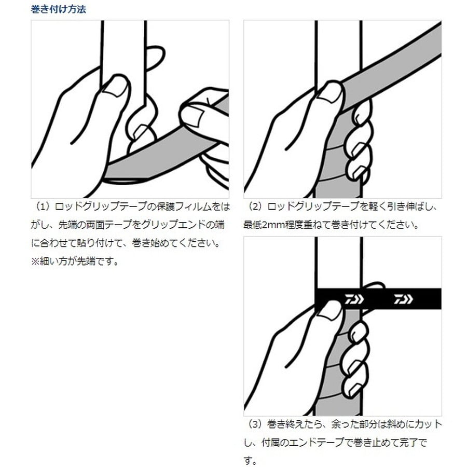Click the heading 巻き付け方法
(58, 9)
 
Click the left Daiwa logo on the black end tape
(354, 299)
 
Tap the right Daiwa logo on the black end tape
(403, 299)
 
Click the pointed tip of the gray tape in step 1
(104, 178)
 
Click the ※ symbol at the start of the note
(35, 261)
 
